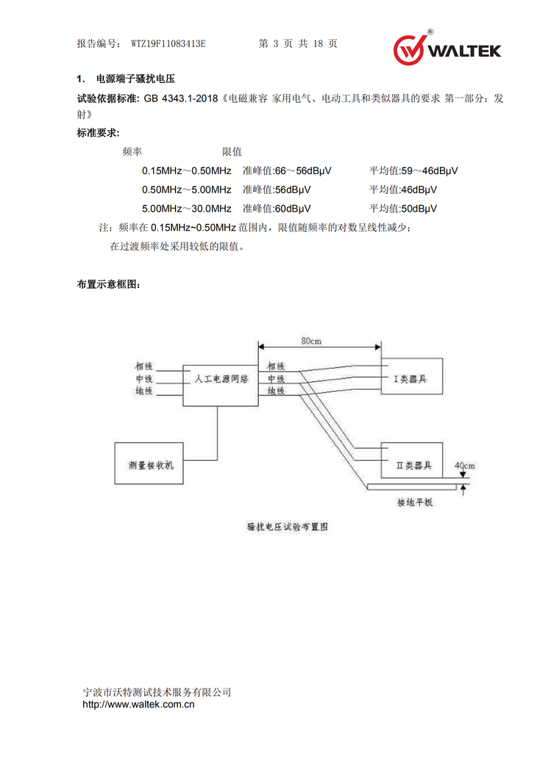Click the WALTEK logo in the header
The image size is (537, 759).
[447, 48]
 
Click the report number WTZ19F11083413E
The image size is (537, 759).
[168, 44]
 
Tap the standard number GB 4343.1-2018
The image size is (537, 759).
[179, 98]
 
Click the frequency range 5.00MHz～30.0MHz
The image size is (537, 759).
[187, 209]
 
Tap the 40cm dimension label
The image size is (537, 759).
[464, 466]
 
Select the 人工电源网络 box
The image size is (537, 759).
[221, 380]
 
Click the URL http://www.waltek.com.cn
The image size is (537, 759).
[138, 705]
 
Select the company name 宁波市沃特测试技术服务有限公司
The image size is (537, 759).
[157, 692]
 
